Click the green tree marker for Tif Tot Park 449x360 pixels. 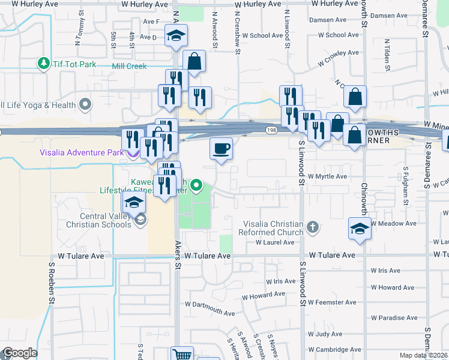click(x=43, y=62)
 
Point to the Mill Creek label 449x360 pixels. click(x=129, y=66)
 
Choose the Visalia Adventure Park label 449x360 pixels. click(x=82, y=152)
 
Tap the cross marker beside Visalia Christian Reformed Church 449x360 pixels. click(x=312, y=227)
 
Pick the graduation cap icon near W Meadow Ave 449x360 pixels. click(x=360, y=229)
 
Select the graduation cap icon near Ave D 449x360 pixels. click(x=176, y=35)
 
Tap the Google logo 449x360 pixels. click(x=19, y=353)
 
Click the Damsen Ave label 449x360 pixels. click(x=392, y=16)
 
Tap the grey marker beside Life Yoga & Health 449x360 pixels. click(x=86, y=104)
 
